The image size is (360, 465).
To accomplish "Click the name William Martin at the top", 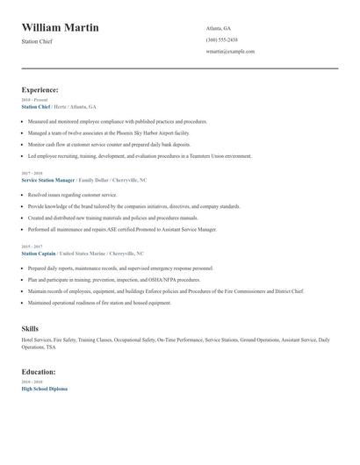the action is [60, 28].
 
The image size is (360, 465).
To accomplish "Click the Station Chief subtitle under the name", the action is [37, 41].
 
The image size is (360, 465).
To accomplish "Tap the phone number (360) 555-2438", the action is [221, 39].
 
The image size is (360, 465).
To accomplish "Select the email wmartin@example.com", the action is [230, 51].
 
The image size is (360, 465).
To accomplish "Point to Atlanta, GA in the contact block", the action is [219, 28].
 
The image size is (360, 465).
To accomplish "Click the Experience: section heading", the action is [40, 89].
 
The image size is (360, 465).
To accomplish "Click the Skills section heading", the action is [30, 328].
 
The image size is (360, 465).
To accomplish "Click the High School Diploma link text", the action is [44, 389].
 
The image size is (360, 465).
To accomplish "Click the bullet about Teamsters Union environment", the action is [140, 155].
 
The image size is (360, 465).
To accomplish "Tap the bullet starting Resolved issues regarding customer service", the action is [72, 195].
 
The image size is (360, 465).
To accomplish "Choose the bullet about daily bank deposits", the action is [109, 144].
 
